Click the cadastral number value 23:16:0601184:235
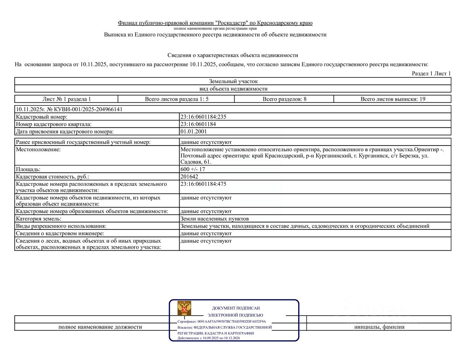(x=203, y=117)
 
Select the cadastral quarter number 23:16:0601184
(x=198, y=124)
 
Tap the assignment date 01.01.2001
(x=193, y=132)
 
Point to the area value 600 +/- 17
(x=193, y=169)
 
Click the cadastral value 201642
(x=189, y=176)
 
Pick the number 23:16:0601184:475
(x=203, y=184)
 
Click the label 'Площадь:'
(x=28, y=169)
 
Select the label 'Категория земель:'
(x=38, y=219)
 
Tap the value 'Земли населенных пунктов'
(x=215, y=219)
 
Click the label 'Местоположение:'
(x=38, y=150)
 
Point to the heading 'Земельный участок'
(x=233, y=81)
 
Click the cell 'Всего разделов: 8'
(x=284, y=99)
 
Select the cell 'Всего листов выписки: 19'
(x=393, y=99)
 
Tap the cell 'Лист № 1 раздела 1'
(x=67, y=99)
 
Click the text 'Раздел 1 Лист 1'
(x=431, y=74)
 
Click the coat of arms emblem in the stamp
(x=184, y=308)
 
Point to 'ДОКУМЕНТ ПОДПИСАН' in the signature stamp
(x=236, y=308)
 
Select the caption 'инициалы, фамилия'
(x=379, y=327)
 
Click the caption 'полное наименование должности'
(x=100, y=327)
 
